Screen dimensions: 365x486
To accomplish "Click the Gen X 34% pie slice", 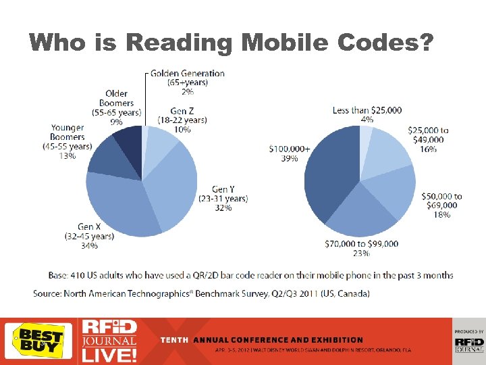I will (122, 203).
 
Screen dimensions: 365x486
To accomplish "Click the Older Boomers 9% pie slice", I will (128, 138).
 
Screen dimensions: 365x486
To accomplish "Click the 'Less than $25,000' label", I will (367, 110).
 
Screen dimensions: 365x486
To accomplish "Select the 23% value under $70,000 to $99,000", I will (361, 253).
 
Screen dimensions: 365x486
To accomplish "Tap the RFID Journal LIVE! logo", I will (109, 341).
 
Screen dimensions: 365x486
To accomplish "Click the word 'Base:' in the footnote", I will (59, 275).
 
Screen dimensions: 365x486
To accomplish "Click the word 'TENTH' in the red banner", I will (175, 340).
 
